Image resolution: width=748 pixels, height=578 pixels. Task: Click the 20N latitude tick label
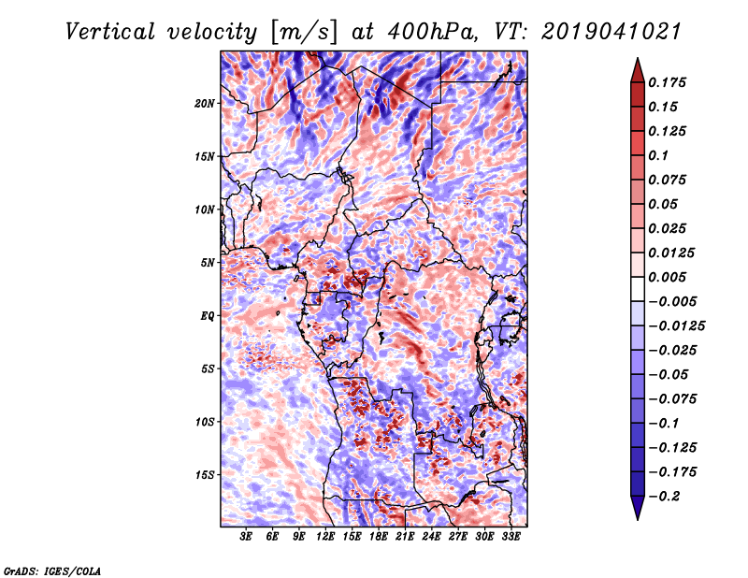pos(205,104)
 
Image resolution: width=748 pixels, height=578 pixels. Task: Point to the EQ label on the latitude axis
pos(207,316)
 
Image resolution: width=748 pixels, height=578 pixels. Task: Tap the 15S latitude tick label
pos(205,475)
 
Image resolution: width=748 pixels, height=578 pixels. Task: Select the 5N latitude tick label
pos(208,263)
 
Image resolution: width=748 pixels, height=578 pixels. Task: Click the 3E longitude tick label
pos(246,537)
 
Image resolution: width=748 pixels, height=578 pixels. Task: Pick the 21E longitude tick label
pos(405,537)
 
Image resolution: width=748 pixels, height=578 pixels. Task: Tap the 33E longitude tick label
pos(511,537)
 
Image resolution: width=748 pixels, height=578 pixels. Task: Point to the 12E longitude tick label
pos(324,537)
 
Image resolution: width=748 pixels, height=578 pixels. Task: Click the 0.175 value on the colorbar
pos(667,82)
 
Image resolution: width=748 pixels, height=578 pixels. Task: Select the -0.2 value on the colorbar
pos(664,497)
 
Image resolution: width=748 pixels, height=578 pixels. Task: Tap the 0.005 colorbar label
pos(667,277)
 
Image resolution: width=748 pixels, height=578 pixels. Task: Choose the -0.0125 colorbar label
pos(676,326)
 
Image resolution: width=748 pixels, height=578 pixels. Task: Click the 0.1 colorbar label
pos(658,155)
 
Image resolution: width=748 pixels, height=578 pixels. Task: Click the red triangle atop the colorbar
pos(638,71)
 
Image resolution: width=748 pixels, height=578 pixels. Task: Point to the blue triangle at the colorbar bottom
pos(638,508)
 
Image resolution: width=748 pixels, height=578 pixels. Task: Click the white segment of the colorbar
pos(638,289)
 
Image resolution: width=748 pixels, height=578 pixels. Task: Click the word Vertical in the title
pos(109,32)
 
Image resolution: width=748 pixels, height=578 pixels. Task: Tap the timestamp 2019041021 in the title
pos(611,32)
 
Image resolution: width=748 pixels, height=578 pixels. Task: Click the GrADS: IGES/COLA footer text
pos(52,571)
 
